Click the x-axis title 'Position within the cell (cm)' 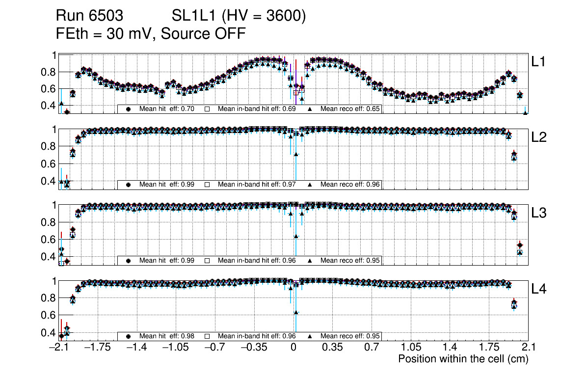(x=463, y=359)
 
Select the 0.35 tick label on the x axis (x=332, y=348)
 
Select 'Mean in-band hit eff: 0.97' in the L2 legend (x=257, y=185)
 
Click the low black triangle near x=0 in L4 (x=296, y=312)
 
